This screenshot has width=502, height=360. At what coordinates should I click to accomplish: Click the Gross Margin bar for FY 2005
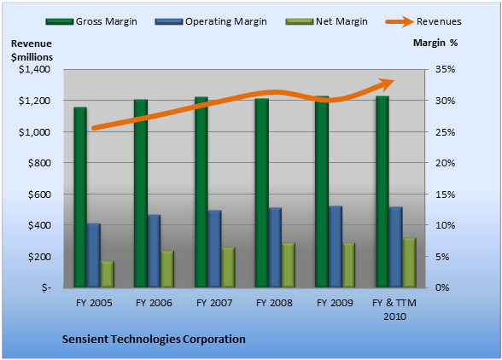tap(80, 197)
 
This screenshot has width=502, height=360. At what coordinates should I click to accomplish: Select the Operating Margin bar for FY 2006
tap(154, 251)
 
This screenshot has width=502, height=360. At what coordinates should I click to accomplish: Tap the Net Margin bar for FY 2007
tap(228, 267)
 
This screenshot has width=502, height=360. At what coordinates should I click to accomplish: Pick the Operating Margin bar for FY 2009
tap(336, 247)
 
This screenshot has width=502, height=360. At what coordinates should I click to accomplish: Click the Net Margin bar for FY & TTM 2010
tap(409, 263)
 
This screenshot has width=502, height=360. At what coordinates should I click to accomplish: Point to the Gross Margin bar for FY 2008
tap(261, 193)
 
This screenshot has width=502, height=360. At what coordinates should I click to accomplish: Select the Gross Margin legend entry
tap(91, 21)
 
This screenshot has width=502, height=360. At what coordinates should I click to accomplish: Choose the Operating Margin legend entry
tap(211, 21)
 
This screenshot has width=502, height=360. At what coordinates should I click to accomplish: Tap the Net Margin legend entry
tap(326, 21)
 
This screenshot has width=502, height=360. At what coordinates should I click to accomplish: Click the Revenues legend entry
tap(423, 21)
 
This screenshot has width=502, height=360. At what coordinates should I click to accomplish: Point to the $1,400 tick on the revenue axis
tap(34, 69)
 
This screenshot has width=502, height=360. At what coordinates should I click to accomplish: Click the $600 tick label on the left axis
tap(39, 195)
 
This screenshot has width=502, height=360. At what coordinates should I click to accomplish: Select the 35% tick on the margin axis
tap(445, 69)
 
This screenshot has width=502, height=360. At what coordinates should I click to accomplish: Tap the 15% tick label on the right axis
tap(445, 195)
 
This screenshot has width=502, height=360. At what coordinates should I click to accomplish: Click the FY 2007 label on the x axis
tap(214, 303)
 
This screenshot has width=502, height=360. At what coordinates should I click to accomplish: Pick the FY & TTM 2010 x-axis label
tap(394, 310)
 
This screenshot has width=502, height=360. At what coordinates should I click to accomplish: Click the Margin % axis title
tap(435, 43)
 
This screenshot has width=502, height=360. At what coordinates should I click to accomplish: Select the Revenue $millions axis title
tap(32, 50)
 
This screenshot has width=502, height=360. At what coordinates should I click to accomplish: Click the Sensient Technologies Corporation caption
tap(154, 340)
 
